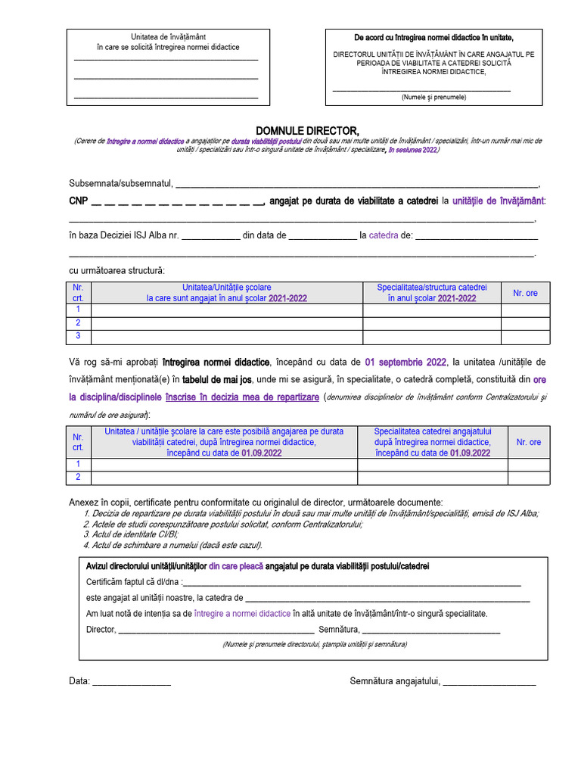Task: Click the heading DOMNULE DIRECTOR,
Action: click(307, 131)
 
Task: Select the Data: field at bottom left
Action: click(130, 681)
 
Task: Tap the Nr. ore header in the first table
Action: click(525, 293)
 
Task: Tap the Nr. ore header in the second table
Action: click(529, 442)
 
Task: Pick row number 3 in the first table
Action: click(78, 336)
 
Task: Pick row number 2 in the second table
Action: click(78, 477)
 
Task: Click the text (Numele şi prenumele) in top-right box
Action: click(433, 98)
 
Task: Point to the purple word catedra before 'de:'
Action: click(384, 235)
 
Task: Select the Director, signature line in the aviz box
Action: click(216, 629)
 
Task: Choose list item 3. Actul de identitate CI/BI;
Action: click(132, 534)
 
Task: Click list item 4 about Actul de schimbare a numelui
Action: click(173, 544)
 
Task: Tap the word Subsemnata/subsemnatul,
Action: click(121, 184)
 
